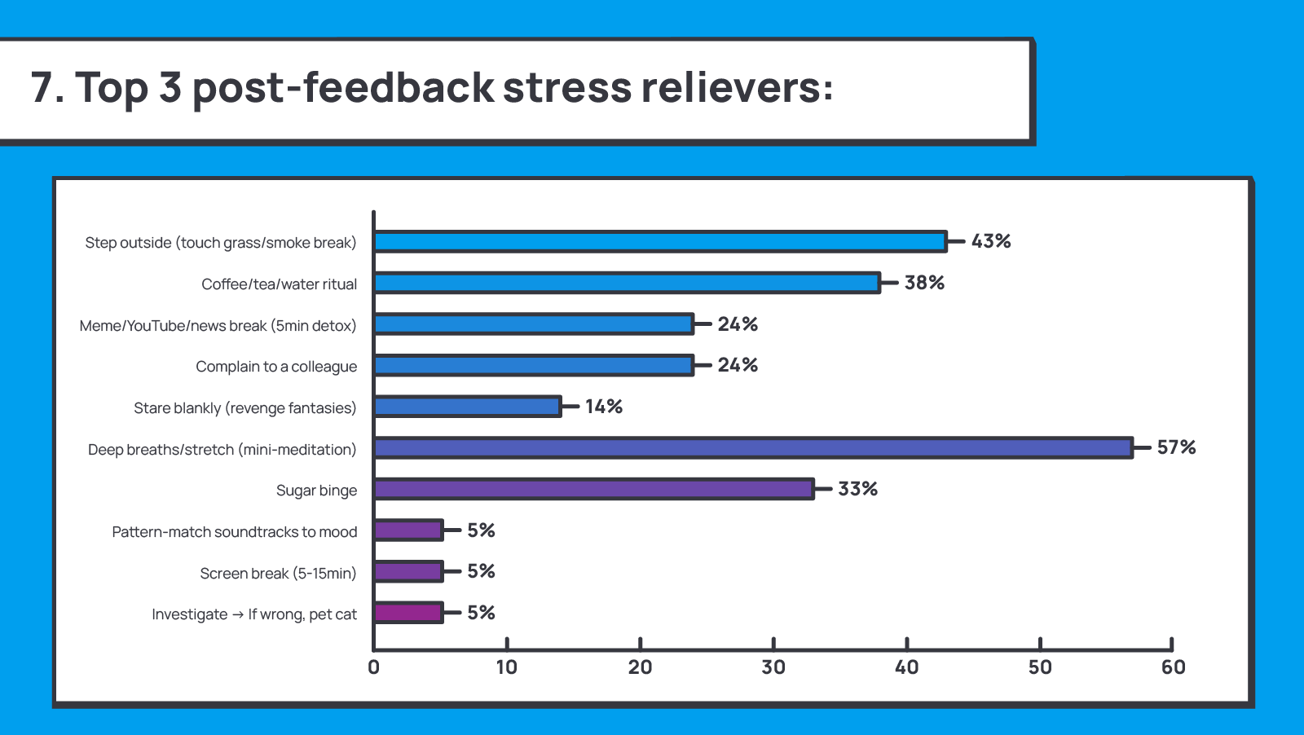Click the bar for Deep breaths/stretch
pos(753,448)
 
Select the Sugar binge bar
pos(593,489)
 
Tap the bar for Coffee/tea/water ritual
pos(627,283)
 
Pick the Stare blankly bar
pos(468,407)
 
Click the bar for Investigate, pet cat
pos(408,613)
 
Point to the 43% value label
pos(991,241)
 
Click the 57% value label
pos(1176,447)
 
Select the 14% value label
pos(604,407)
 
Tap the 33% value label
pos(857,489)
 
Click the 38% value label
pos(924,283)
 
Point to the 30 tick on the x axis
pos(773,667)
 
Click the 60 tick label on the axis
pos(1173,667)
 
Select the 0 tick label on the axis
pos(374,667)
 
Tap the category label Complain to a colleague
pos(276,367)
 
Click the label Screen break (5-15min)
pos(278,574)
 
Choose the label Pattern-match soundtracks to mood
pos(235,532)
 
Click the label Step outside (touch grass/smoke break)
pos(221,243)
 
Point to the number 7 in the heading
pos(42,87)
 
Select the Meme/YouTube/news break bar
pos(534,324)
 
